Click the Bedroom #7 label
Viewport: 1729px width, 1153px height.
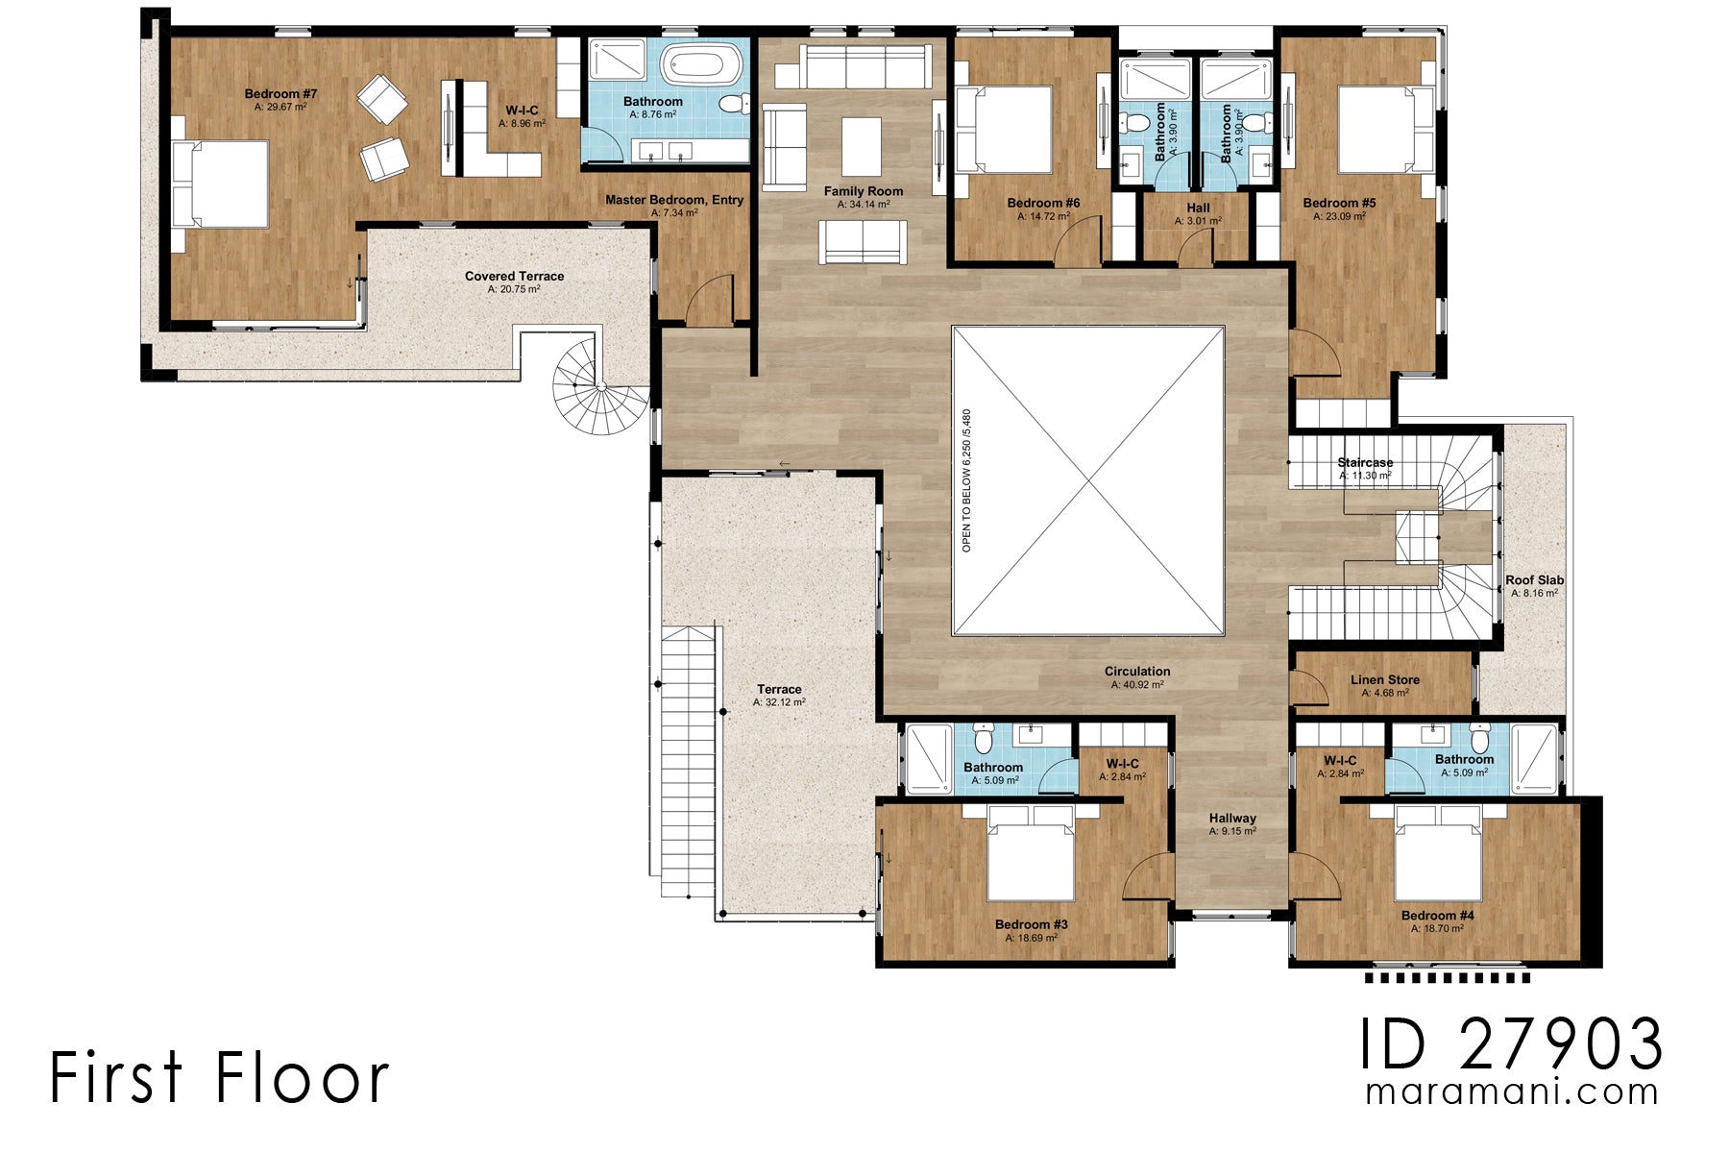(280, 94)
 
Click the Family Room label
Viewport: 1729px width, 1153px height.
(864, 191)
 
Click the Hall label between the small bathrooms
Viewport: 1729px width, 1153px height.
(1198, 208)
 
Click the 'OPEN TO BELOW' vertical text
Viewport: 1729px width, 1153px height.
(967, 480)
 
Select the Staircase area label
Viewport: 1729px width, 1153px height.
(1365, 463)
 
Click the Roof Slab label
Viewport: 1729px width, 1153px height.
(1534, 580)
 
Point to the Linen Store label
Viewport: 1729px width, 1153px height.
(1384, 680)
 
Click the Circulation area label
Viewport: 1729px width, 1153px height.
(1137, 672)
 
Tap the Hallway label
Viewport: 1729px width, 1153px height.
(1232, 819)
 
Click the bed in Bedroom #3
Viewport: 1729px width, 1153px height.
(1031, 855)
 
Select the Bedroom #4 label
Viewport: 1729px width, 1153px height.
(1437, 916)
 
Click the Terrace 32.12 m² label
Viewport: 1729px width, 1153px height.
(779, 690)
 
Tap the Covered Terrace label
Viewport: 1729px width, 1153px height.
(514, 277)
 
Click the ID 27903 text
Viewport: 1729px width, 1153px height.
(1510, 1044)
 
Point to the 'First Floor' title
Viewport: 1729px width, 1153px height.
(220, 1077)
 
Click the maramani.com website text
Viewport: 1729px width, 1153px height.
(1512, 1092)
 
